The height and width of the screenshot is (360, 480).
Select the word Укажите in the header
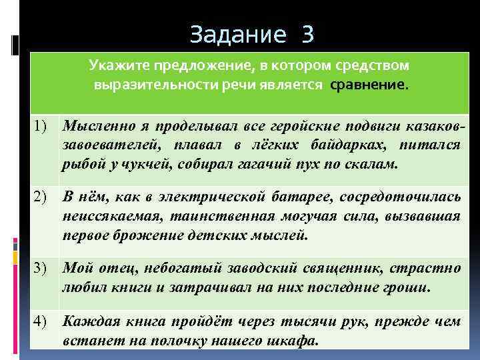coord(119,67)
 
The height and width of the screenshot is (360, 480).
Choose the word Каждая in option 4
coord(87,321)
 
